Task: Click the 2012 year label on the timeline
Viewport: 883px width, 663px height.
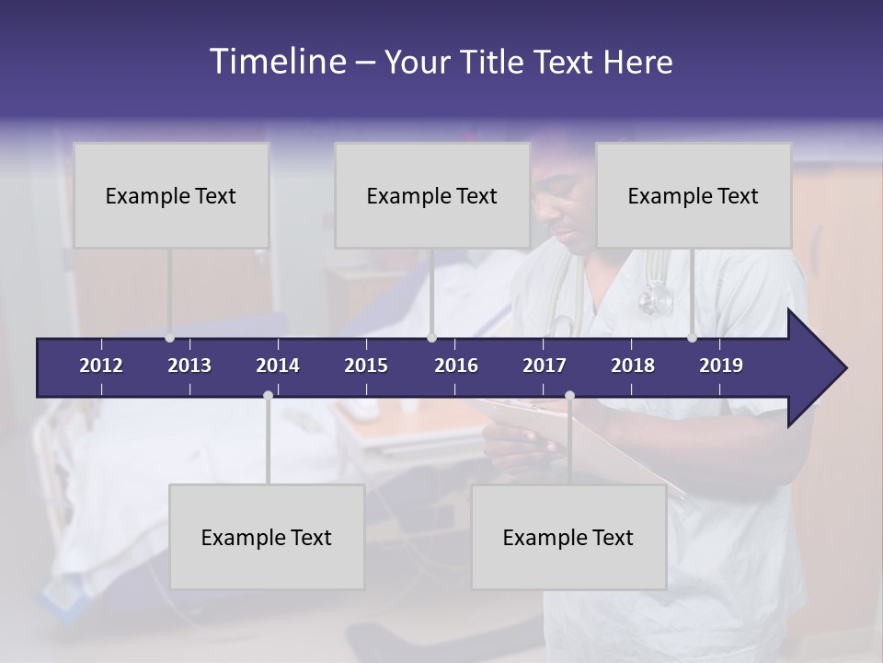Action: (x=101, y=366)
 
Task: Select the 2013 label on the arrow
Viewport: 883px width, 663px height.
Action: (x=189, y=366)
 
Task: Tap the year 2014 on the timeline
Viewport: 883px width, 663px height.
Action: (x=278, y=366)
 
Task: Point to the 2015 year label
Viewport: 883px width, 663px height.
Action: (x=366, y=366)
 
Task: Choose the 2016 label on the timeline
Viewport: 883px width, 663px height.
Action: (x=456, y=366)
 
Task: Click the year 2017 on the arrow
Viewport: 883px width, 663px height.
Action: (x=545, y=366)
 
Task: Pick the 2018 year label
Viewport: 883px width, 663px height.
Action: (x=633, y=366)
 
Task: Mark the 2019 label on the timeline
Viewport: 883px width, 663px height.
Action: (x=721, y=366)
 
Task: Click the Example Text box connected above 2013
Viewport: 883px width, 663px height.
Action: (x=171, y=195)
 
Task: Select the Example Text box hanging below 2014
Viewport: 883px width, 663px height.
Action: (x=267, y=537)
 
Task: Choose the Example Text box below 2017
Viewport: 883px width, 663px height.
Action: (x=568, y=537)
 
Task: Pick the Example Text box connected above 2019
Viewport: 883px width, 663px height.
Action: (x=694, y=195)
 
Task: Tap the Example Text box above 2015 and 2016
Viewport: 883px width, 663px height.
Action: (x=432, y=195)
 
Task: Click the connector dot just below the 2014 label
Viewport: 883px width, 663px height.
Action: (x=268, y=395)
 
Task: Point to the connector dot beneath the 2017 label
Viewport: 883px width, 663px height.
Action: (x=569, y=395)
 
